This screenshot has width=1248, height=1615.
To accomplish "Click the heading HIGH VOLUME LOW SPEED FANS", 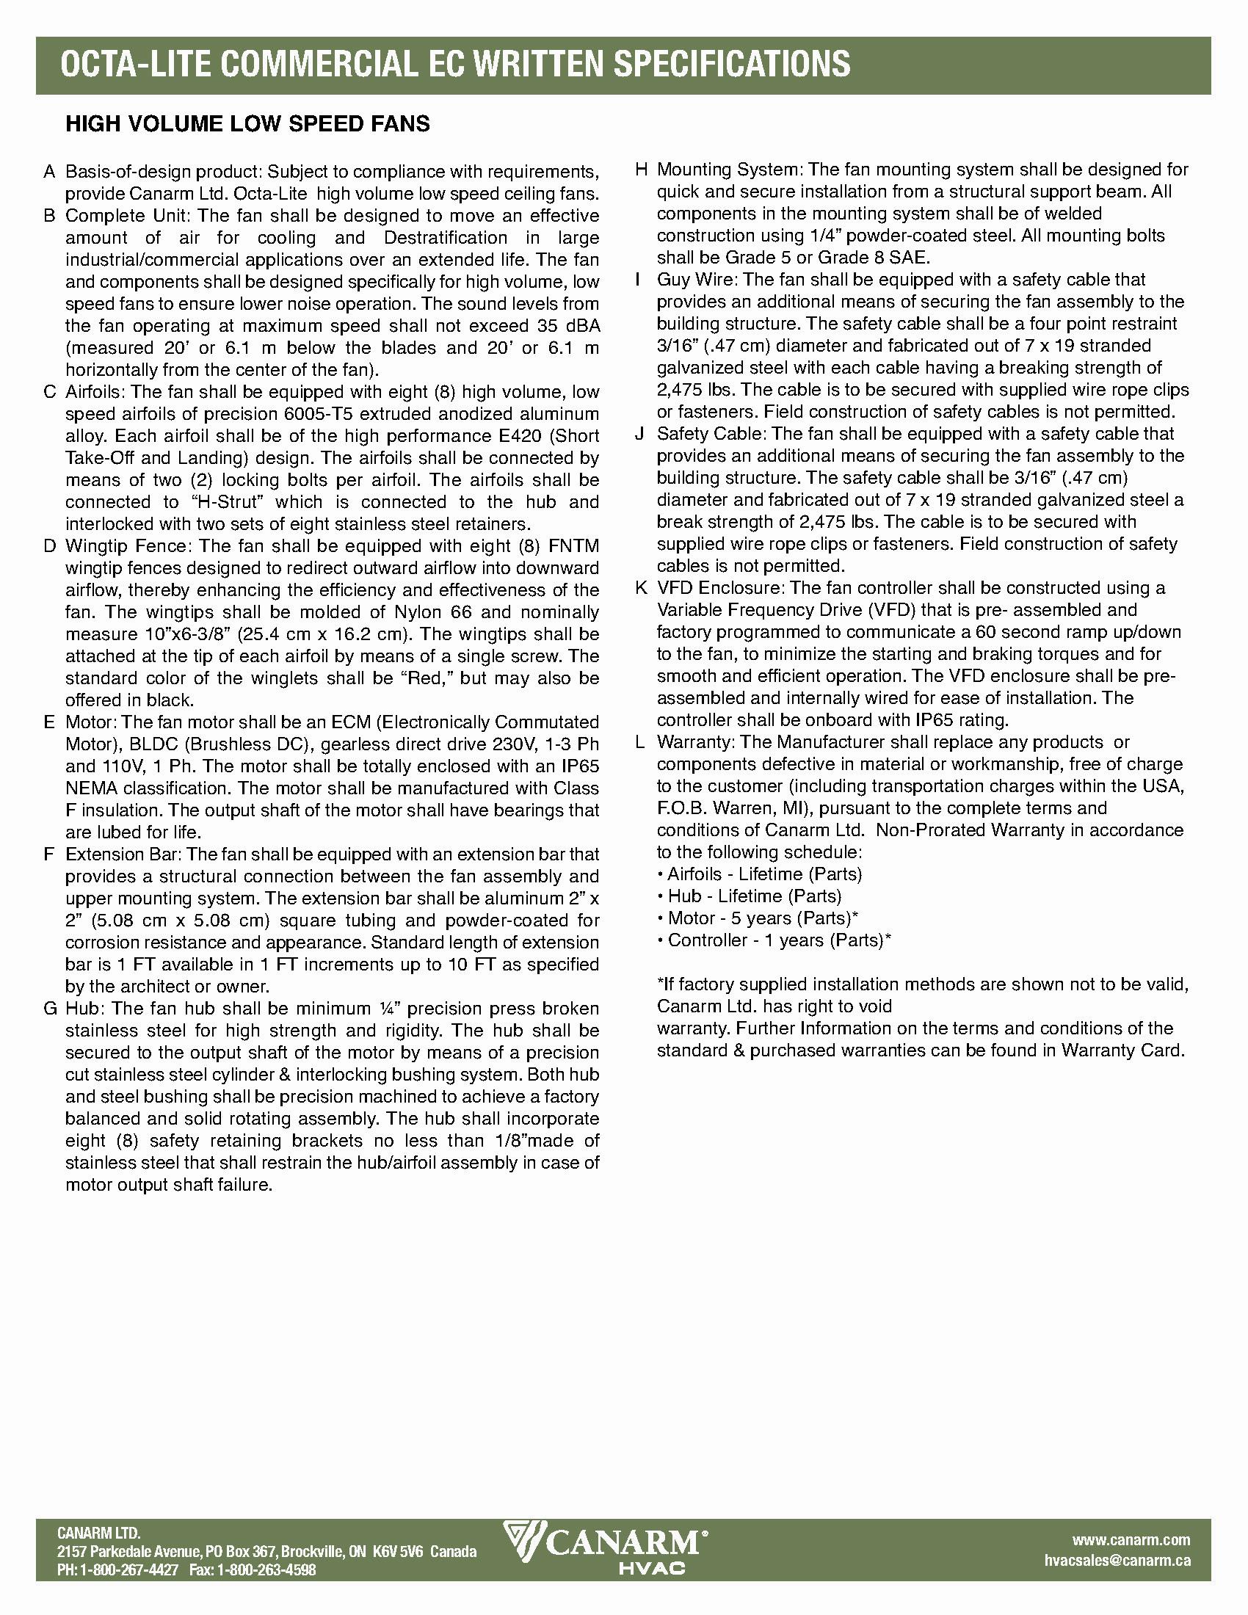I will point(247,123).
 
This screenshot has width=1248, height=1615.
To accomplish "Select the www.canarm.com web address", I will point(1131,1539).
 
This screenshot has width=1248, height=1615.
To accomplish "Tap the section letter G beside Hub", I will point(50,1009).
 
